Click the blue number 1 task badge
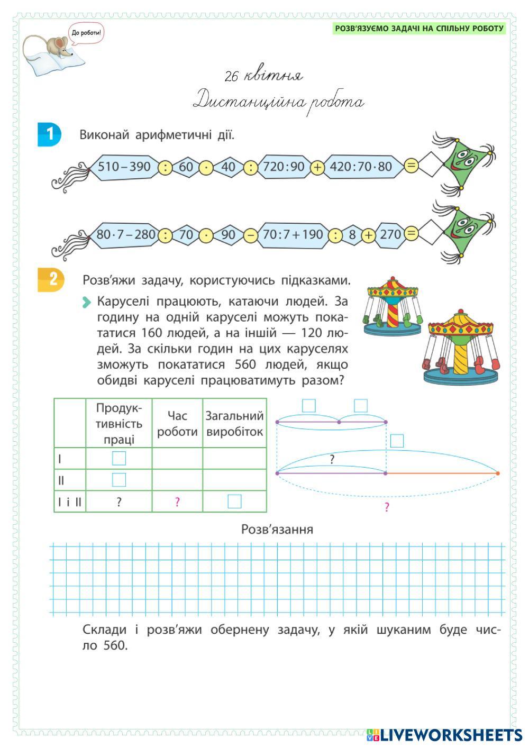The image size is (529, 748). (49, 134)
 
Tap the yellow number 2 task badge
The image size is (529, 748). (51, 279)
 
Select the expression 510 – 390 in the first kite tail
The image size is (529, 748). (124, 167)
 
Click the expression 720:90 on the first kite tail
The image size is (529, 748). (284, 167)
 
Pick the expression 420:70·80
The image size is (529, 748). (361, 167)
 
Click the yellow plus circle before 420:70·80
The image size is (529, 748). (317, 167)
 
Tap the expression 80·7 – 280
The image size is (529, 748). (126, 234)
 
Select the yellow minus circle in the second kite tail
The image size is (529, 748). (251, 234)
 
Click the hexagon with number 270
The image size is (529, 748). (390, 234)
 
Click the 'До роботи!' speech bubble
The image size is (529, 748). (87, 33)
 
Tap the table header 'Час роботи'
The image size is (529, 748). (177, 424)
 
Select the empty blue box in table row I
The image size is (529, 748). (119, 458)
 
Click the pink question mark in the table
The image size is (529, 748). (177, 502)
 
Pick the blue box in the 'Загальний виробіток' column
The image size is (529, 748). (234, 501)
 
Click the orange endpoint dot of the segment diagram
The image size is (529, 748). (497, 473)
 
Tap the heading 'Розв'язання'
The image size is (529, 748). (277, 530)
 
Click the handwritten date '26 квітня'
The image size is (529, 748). (263, 76)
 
